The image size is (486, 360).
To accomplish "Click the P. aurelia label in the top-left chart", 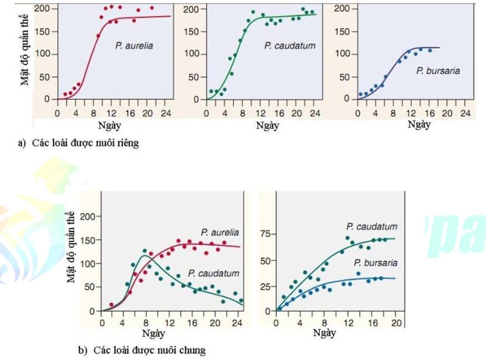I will tap(134, 46).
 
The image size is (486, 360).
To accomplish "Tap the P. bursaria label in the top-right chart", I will tap(438, 71).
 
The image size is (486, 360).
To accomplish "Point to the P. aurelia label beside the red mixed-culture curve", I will tap(220, 232).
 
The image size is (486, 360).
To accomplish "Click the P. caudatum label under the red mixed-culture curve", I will tap(213, 273).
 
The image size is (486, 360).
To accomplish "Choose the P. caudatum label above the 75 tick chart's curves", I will tap(371, 227).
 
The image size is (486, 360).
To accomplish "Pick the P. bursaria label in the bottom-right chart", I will tap(375, 263).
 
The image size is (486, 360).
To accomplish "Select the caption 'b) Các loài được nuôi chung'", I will tap(142, 350).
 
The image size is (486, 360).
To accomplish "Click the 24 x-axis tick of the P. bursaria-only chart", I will tap(465, 113).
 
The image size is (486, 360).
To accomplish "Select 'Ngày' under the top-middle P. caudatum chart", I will tap(268, 125).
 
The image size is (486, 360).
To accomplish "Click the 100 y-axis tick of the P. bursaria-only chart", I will tap(342, 54).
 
